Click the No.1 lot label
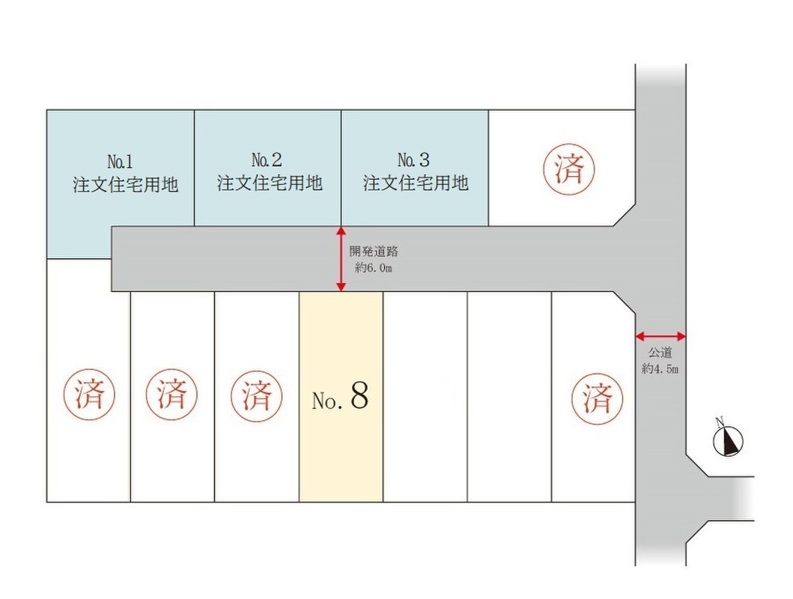coord(121,162)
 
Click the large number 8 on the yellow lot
coord(359,395)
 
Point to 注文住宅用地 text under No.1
coord(125,184)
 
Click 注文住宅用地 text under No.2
coord(270,183)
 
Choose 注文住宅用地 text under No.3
coord(416,183)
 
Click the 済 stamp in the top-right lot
coord(569,168)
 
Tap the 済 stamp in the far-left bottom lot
coord(90,395)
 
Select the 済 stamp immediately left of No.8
coord(256,395)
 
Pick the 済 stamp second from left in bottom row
coord(171,394)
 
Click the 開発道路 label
coord(374,252)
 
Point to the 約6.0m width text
coord(374,268)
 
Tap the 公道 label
coord(660,353)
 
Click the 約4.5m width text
coord(660,369)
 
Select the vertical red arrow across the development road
coord(341,259)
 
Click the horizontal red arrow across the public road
coord(660,335)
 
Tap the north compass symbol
coord(728,440)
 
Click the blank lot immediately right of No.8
coord(425,397)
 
